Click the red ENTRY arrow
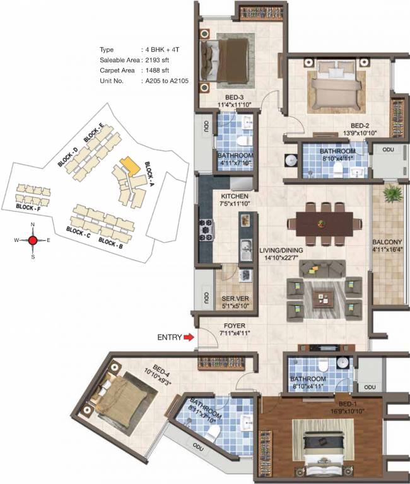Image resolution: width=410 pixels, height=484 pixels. (x=189, y=338)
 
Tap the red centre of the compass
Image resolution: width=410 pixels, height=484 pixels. (x=33, y=239)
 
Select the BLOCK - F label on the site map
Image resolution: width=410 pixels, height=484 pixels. (x=28, y=207)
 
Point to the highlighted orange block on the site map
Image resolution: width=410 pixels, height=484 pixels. (x=129, y=166)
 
